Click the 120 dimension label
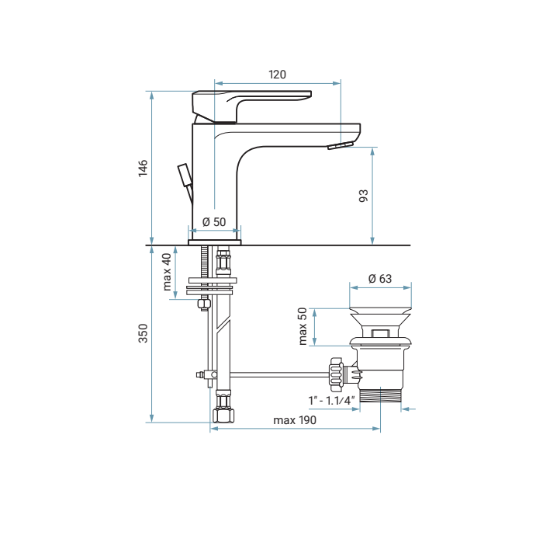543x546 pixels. point(277,75)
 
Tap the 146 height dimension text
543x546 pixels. point(143,169)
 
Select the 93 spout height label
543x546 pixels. point(363,195)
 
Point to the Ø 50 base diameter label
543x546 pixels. point(214,222)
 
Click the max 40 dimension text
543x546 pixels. point(167,271)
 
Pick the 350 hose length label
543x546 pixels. point(143,333)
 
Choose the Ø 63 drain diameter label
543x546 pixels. point(380,279)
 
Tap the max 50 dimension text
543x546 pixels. point(303,326)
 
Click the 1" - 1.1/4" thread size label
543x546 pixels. point(331,400)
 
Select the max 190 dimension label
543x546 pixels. point(295,420)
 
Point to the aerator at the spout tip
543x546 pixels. point(340,145)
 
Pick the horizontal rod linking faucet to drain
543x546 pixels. point(279,374)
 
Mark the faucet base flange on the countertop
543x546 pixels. point(215,242)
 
